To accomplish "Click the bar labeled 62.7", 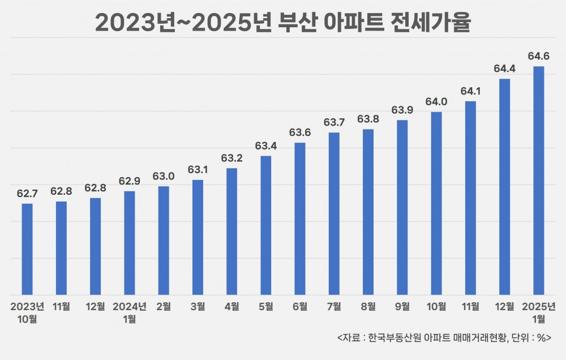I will click(27, 249).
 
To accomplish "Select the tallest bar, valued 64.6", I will click(539, 181).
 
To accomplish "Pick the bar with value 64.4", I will click(505, 187).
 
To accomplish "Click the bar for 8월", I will click(368, 212).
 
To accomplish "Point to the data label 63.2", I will click(231, 158).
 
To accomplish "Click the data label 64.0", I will click(436, 102).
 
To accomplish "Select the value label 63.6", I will click(300, 132).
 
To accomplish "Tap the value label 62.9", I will click(130, 181).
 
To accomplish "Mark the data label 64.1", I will click(470, 91).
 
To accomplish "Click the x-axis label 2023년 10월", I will click(27, 312).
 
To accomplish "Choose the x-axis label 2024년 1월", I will click(130, 312).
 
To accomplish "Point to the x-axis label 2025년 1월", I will click(539, 312).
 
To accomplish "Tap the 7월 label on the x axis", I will click(334, 307).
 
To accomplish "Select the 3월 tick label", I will click(198, 307).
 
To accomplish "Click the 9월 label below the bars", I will click(402, 307).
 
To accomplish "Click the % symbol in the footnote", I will click(539, 338).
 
